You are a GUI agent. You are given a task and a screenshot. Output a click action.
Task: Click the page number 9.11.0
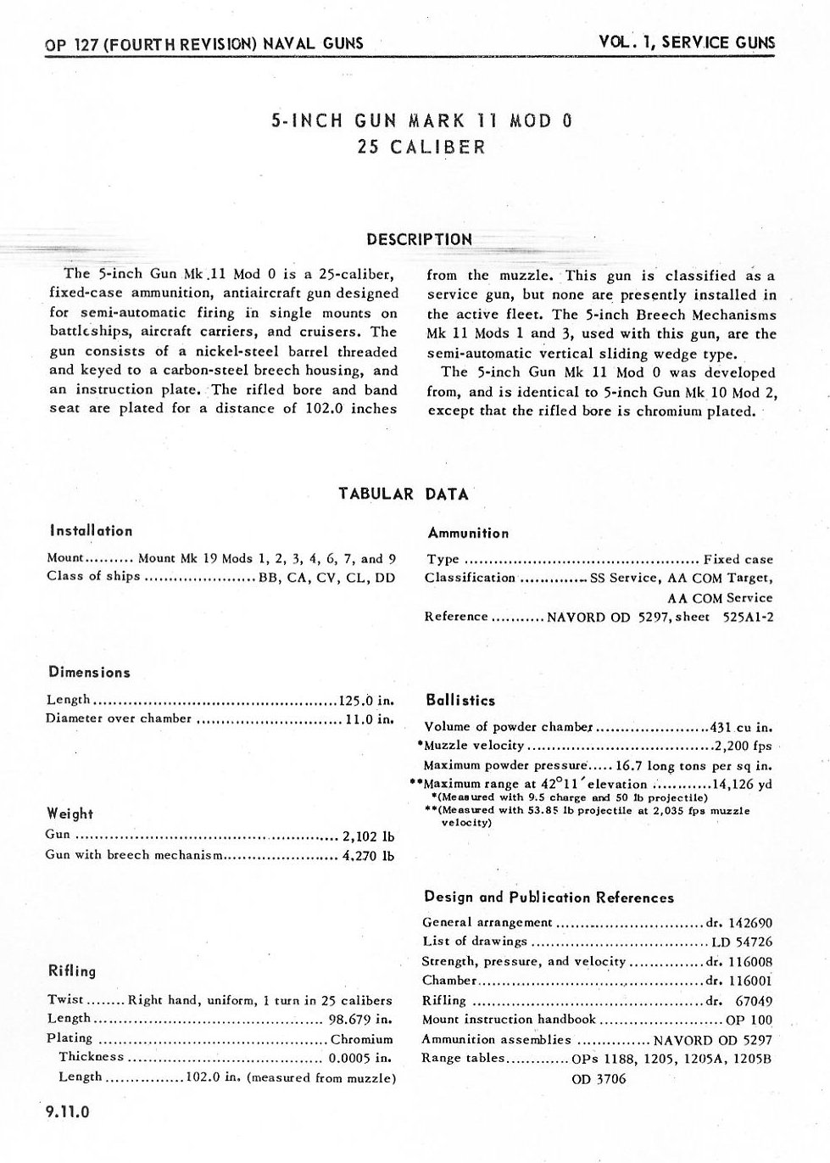pos(69,1112)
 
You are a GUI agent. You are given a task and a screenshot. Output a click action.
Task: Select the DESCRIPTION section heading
pos(419,239)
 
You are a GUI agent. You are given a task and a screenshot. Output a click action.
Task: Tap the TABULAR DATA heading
pos(404,494)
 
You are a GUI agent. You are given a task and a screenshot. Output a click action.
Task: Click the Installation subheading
pos(91,531)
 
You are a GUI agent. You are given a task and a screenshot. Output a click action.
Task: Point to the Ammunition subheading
pos(468,534)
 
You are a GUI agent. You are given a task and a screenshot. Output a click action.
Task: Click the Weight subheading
pos(70,814)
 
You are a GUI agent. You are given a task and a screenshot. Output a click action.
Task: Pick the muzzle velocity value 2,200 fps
pos(743,746)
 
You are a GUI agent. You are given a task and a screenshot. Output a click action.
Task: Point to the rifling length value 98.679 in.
pos(359,1019)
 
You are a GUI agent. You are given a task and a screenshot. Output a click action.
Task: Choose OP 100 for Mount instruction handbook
pos(749,1020)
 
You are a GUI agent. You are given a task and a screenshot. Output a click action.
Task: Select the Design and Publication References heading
pos(548,897)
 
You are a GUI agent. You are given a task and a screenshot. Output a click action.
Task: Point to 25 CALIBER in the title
pos(421,147)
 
